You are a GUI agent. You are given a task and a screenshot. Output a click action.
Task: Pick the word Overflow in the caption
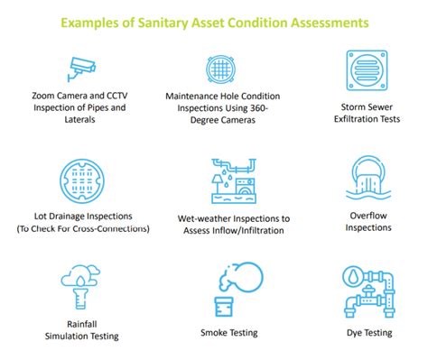(x=368, y=215)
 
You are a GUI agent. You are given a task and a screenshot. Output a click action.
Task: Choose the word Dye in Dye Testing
(x=355, y=332)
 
